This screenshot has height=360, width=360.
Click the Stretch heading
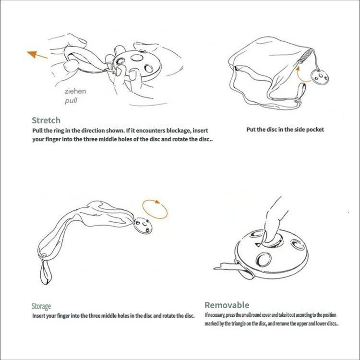point(46,120)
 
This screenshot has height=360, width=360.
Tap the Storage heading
point(41,306)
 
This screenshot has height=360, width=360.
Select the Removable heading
point(227,305)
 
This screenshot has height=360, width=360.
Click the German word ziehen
point(75,91)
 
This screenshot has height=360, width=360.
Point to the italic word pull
point(71,101)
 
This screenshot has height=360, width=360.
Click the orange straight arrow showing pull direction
point(37,55)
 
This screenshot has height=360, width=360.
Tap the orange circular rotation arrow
point(155,209)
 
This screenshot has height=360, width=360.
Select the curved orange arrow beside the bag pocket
point(302,74)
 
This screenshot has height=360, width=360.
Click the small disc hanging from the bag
point(320,77)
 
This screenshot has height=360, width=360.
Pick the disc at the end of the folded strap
point(143,226)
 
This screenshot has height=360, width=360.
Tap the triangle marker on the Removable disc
point(258,244)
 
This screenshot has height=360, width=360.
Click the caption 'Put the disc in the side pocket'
point(285,130)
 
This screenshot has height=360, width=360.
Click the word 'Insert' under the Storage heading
point(38,316)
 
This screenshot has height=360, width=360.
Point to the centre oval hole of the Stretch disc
point(137,58)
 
